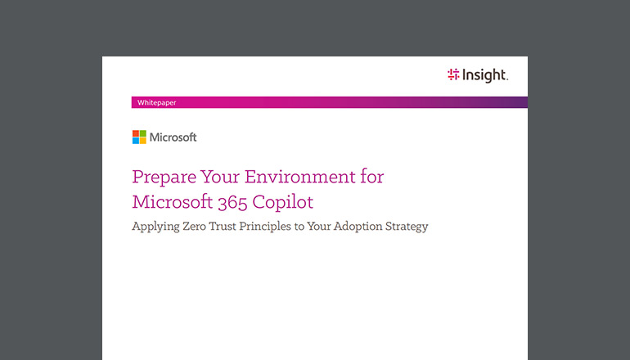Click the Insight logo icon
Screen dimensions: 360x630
coord(453,75)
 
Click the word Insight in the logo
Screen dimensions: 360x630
coord(485,75)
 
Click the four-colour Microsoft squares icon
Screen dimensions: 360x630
coord(139,137)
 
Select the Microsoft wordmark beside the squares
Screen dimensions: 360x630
coord(173,137)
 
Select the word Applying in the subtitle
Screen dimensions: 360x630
coord(156,227)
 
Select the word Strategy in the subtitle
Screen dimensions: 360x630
coord(409,227)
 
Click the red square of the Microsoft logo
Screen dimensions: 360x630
coord(136,133)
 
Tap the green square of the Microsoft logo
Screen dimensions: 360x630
coord(143,133)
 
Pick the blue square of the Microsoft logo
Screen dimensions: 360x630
coord(136,141)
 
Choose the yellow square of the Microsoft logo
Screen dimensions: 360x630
coord(143,141)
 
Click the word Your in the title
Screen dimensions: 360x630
coord(215,177)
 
